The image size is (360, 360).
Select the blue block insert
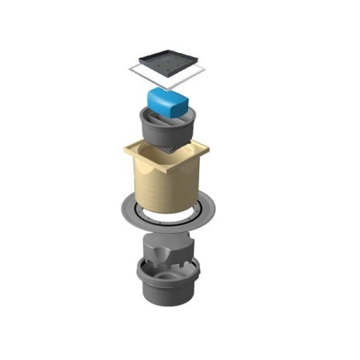point(170,103)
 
